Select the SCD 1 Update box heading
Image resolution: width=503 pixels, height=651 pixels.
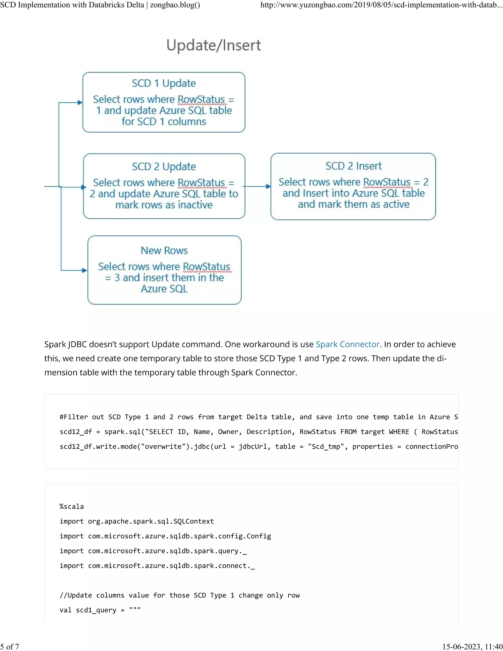(164, 83)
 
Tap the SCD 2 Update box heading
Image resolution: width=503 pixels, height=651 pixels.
(164, 166)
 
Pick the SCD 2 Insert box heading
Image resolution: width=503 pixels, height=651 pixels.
(353, 166)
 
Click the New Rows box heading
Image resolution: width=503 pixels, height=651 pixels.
(164, 250)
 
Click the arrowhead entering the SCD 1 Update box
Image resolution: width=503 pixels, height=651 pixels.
(80, 102)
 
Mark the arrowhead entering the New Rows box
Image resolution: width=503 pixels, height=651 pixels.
(85, 270)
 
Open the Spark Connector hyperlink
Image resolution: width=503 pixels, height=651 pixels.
(348, 344)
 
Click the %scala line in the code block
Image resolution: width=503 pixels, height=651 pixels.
(71, 507)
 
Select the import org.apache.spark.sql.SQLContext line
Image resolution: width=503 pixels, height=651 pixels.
(137, 521)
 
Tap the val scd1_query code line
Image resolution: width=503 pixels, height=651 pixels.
(100, 610)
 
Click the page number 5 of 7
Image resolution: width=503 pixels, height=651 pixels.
(10, 647)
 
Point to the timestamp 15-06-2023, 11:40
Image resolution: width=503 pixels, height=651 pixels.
(472, 647)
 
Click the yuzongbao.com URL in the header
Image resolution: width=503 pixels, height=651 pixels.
(381, 5)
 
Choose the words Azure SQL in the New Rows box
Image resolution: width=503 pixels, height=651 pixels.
(164, 289)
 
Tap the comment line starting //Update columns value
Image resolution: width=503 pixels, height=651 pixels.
(179, 595)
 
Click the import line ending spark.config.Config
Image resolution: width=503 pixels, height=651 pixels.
(165, 536)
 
